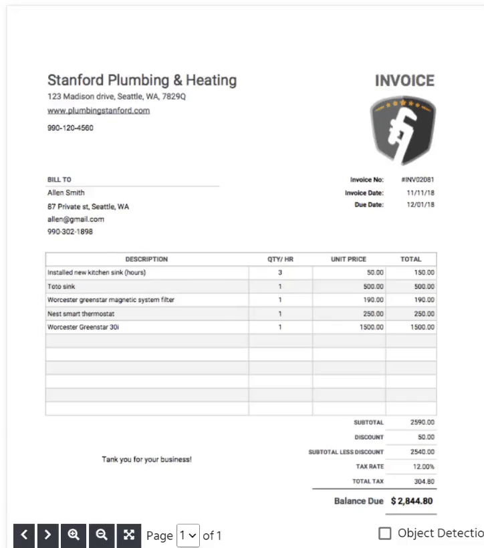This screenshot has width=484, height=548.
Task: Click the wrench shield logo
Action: click(403, 130)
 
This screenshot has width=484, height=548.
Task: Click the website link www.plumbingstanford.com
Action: click(98, 111)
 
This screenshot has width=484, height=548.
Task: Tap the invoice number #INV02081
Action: click(418, 180)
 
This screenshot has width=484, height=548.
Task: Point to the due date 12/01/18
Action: click(420, 205)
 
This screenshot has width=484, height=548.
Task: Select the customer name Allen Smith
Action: click(66, 193)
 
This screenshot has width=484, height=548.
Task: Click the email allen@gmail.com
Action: click(76, 219)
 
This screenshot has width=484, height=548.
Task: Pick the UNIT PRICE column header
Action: click(348, 259)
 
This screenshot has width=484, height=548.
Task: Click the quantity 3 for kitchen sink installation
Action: click(280, 273)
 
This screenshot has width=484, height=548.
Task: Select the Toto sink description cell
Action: click(62, 287)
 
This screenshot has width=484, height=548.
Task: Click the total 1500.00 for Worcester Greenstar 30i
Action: click(422, 327)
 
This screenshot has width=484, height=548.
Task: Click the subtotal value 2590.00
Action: click(422, 422)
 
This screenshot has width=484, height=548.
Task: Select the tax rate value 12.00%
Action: click(423, 466)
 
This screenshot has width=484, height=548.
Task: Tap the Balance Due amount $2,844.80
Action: click(413, 501)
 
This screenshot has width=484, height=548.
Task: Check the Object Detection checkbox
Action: click(384, 533)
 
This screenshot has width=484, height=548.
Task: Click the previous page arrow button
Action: click(23, 535)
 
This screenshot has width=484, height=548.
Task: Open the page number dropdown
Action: click(188, 535)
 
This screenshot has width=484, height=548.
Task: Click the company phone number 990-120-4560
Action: click(70, 128)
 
